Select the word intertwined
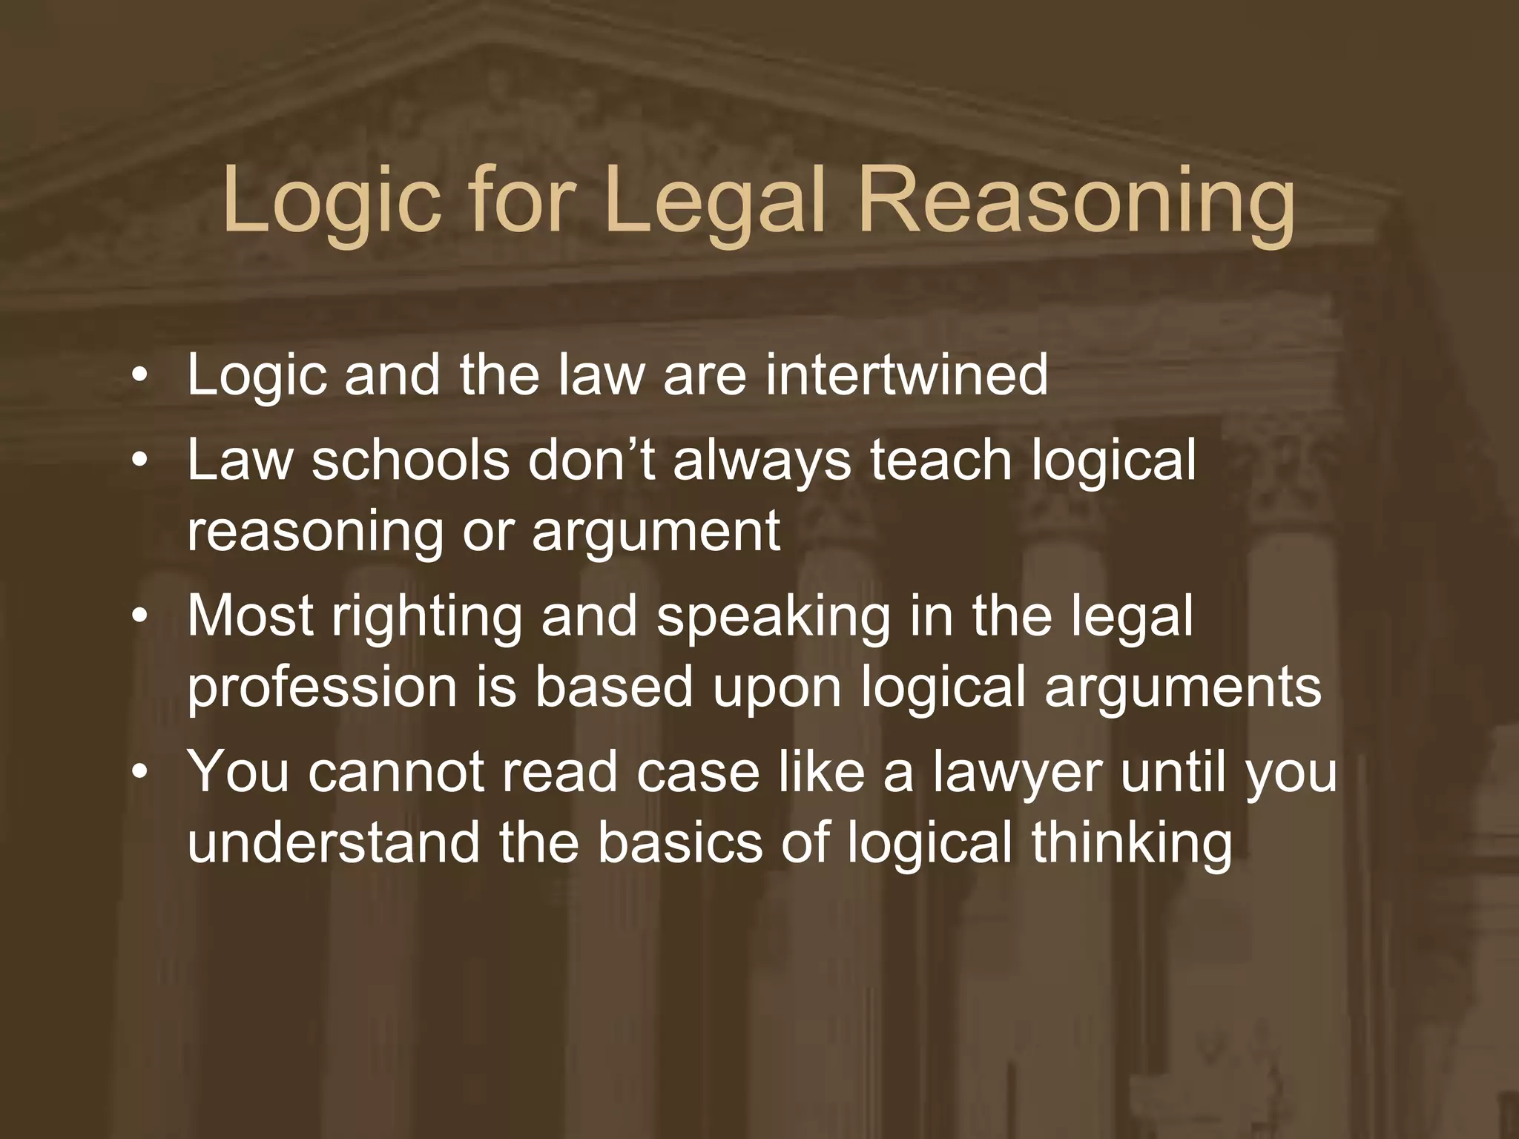(x=906, y=374)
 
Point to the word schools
(x=411, y=460)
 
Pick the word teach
(x=941, y=460)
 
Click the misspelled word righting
(x=427, y=618)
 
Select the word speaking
(x=774, y=618)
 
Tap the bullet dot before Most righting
(x=137, y=618)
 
